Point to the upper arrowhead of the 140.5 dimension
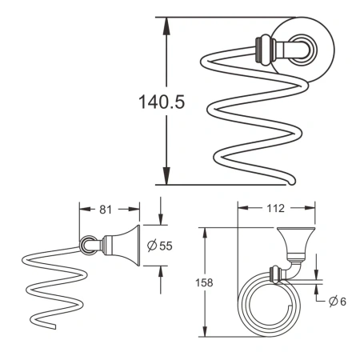click(167, 24)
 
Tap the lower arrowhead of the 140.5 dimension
click(167, 181)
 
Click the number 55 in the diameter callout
click(165, 246)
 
